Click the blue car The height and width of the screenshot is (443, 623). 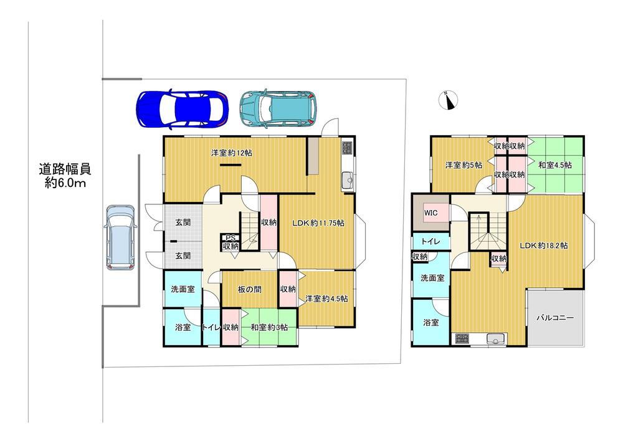point(183,109)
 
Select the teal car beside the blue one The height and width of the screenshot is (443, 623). point(278,108)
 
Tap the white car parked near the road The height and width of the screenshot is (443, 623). point(120,237)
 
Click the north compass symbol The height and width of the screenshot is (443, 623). point(449,100)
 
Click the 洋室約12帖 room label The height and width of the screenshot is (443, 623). point(231,153)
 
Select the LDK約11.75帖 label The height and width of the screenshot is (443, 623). point(318,223)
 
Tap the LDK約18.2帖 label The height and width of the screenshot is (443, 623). point(544,245)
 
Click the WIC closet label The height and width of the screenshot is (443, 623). point(430,213)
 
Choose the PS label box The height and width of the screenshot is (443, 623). point(231,238)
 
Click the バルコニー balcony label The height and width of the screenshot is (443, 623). point(555,318)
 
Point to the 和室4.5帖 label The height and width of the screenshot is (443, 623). point(555,164)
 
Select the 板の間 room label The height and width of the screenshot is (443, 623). point(250,289)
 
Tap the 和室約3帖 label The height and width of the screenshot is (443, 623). point(269,327)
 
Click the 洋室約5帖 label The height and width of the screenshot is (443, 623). point(464,165)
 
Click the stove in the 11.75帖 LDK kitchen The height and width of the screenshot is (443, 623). point(347,148)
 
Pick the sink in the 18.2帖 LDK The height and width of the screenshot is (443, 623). point(495,339)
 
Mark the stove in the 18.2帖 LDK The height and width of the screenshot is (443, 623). point(462,338)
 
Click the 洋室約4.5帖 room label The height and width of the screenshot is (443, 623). point(326,298)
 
